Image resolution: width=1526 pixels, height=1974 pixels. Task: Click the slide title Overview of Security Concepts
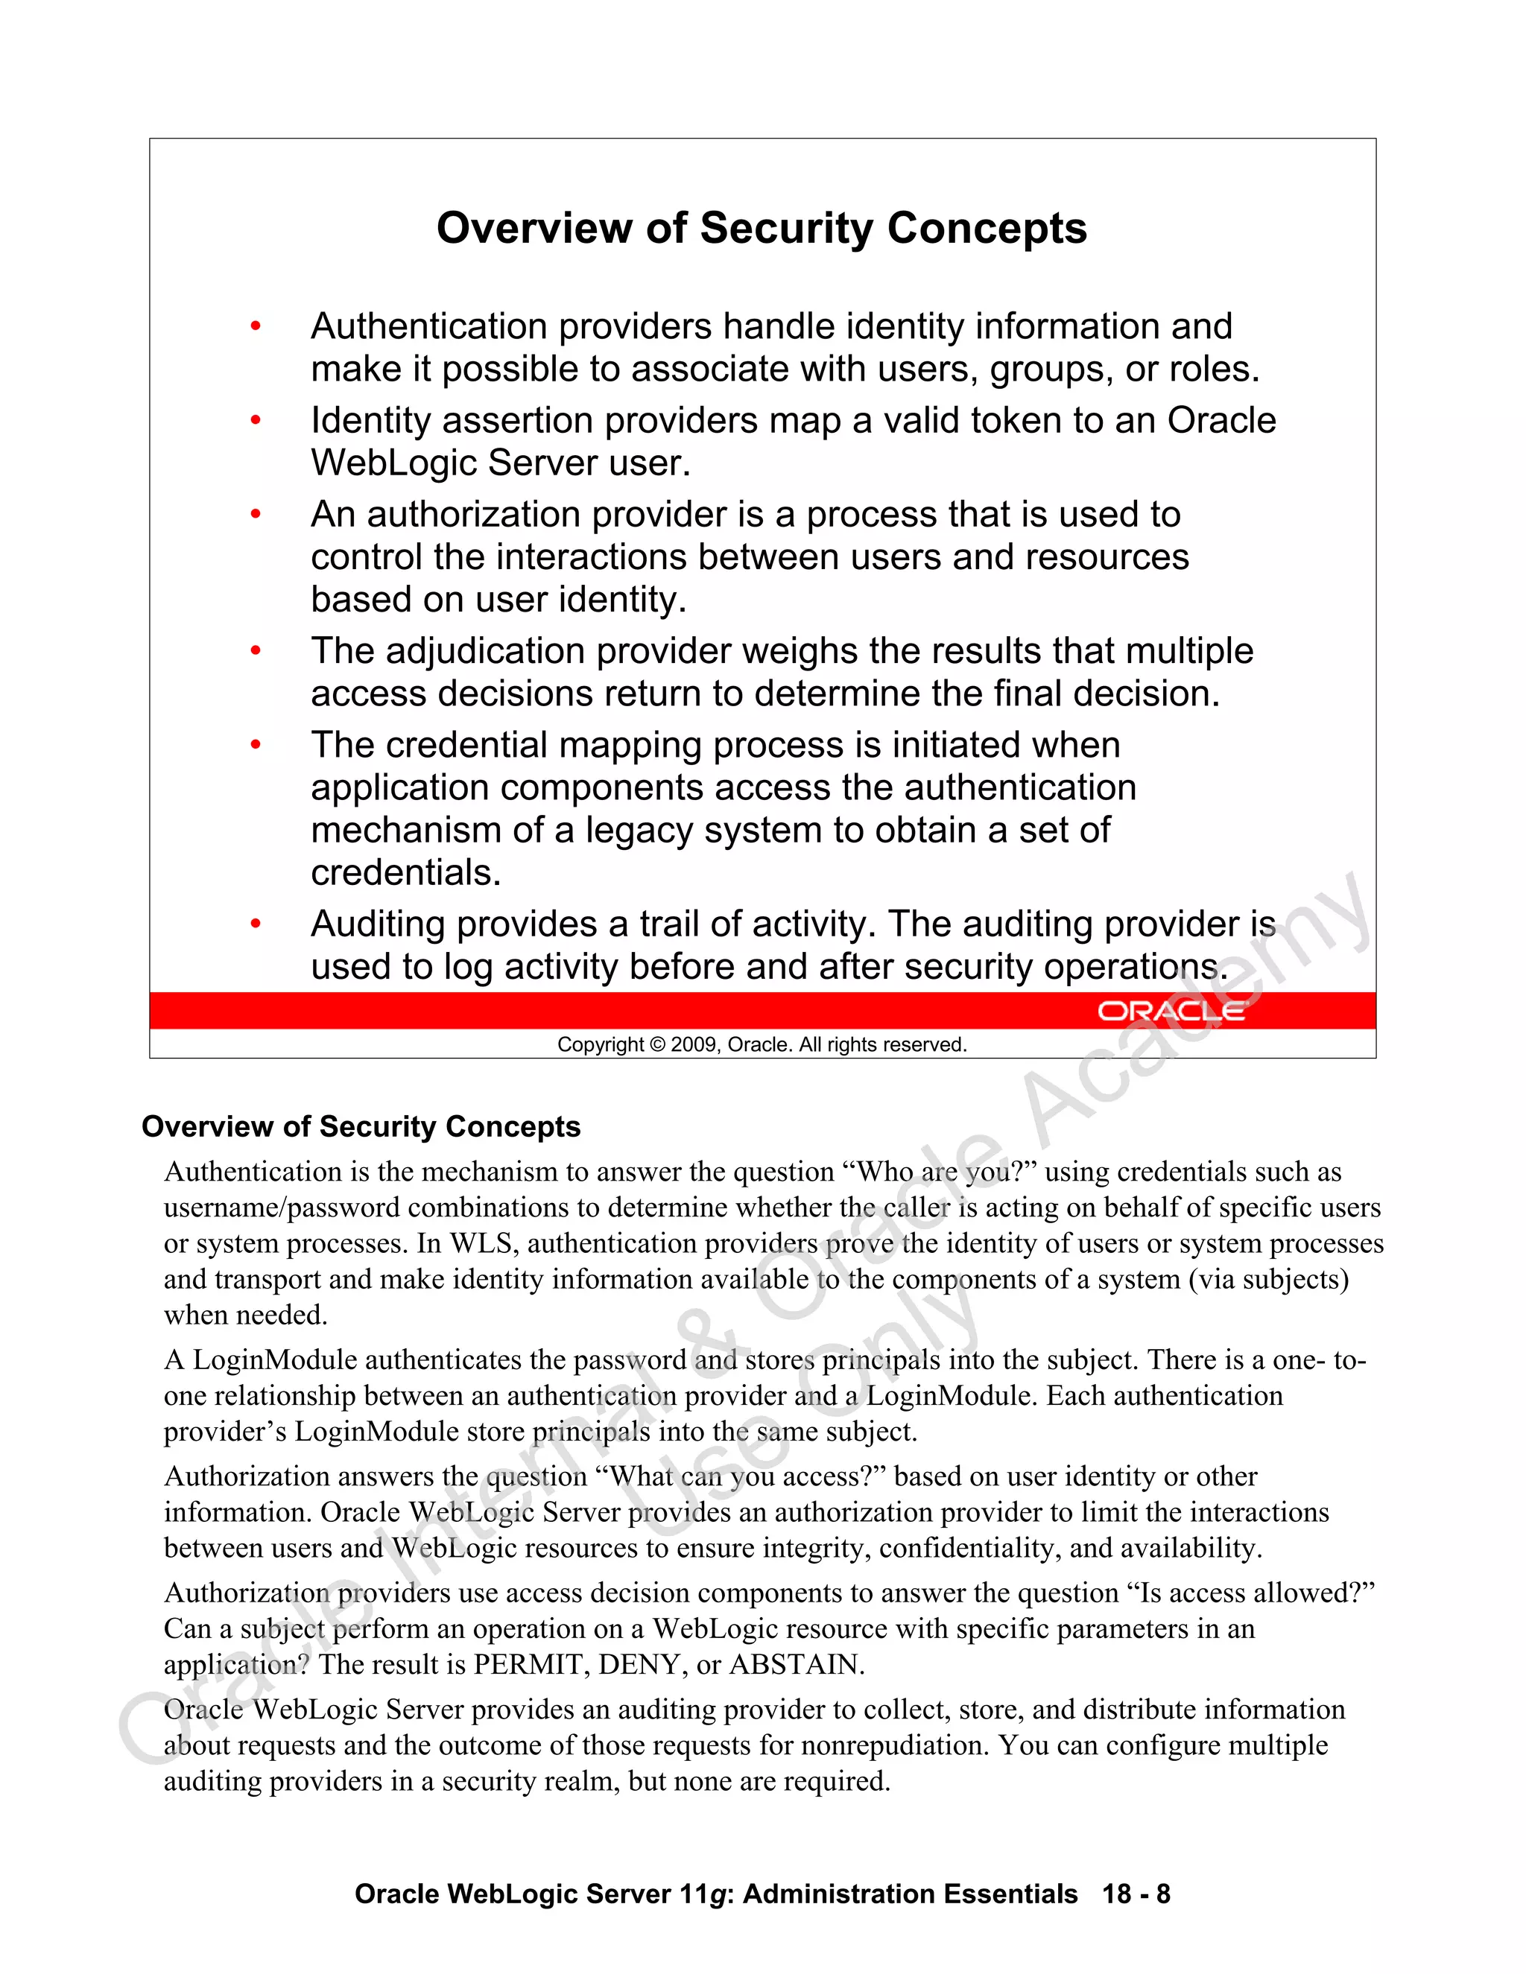click(762, 228)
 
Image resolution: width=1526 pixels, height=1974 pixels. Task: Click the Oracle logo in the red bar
click(1171, 1011)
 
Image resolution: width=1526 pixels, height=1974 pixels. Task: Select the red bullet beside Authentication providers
click(256, 326)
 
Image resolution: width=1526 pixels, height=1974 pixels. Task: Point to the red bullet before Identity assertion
click(256, 420)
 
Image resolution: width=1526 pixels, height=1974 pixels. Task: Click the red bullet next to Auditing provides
click(256, 924)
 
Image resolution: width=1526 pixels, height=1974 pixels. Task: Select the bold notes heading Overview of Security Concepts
click(361, 1127)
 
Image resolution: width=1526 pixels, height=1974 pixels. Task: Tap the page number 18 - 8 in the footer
click(1136, 1894)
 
